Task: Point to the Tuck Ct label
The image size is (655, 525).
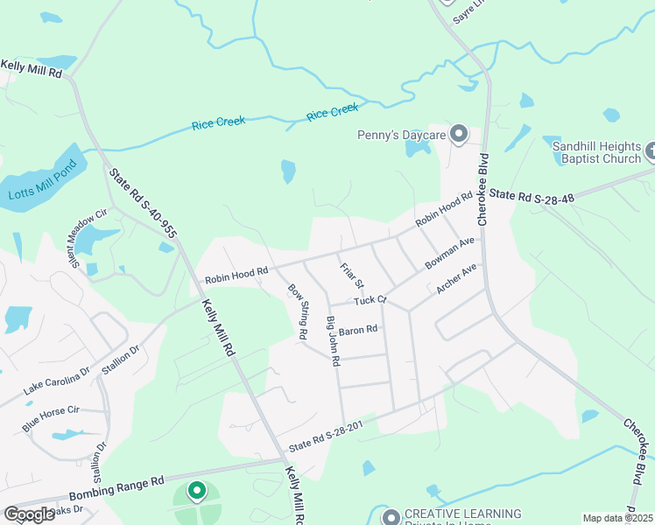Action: tap(370, 300)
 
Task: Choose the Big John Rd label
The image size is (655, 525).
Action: tap(333, 341)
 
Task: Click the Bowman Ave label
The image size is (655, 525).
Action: tap(449, 252)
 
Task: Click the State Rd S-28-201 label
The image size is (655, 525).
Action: tap(325, 435)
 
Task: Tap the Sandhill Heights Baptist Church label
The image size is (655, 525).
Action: tap(598, 153)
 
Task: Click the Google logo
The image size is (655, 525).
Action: tap(30, 514)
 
